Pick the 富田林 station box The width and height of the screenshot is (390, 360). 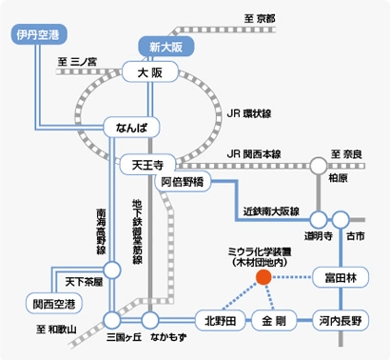coord(341,277)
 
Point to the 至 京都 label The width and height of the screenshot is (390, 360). coord(259,18)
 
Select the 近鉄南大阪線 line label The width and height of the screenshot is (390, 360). coord(271,210)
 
